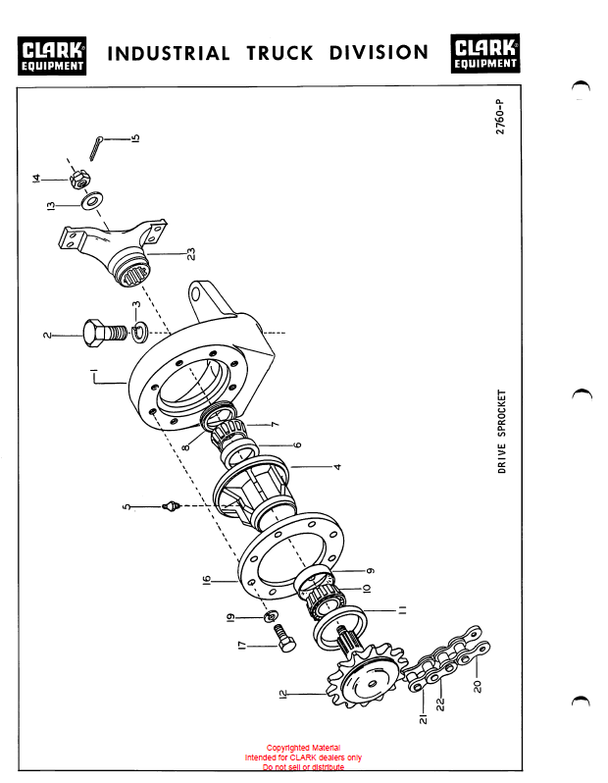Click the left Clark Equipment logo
coord(52,55)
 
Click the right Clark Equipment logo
coord(485,53)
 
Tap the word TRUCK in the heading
coord(280,53)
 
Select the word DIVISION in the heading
coord(379,52)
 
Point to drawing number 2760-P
coord(500,117)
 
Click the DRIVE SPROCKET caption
coord(502,432)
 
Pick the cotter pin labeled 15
coord(96,148)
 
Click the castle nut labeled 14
coord(79,180)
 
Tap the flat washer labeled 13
coord(92,200)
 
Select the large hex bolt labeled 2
coord(105,334)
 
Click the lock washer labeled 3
coord(139,333)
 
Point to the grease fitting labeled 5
coord(171,506)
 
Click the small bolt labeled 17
coord(284,639)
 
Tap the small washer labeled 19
coord(271,617)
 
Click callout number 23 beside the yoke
coord(190,254)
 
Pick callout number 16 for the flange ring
coord(207,580)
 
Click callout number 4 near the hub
coord(338,467)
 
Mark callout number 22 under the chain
coord(439,705)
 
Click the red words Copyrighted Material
coord(303,748)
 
